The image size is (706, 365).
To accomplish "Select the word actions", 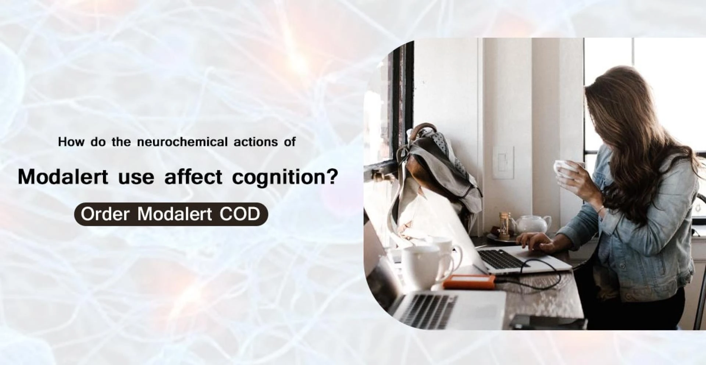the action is (x=256, y=142).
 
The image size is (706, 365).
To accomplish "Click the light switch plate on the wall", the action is (x=503, y=162).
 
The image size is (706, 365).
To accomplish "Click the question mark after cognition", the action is (x=332, y=177).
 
